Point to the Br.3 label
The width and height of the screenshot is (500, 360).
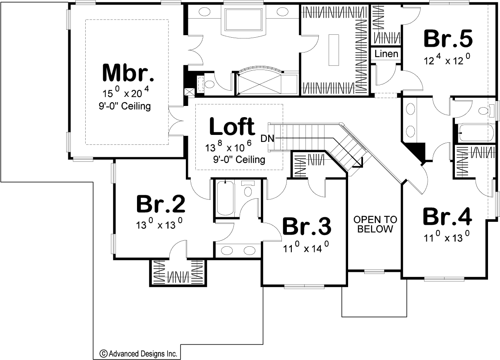click(x=306, y=226)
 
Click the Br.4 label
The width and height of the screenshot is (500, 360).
click(x=447, y=216)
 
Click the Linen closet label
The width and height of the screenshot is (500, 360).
click(x=387, y=54)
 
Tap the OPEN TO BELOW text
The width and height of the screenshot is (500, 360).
click(x=375, y=224)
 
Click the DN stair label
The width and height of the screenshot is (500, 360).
click(x=267, y=138)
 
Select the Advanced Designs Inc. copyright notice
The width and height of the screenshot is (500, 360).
click(x=138, y=354)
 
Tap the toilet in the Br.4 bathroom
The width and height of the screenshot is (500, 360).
click(x=483, y=110)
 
